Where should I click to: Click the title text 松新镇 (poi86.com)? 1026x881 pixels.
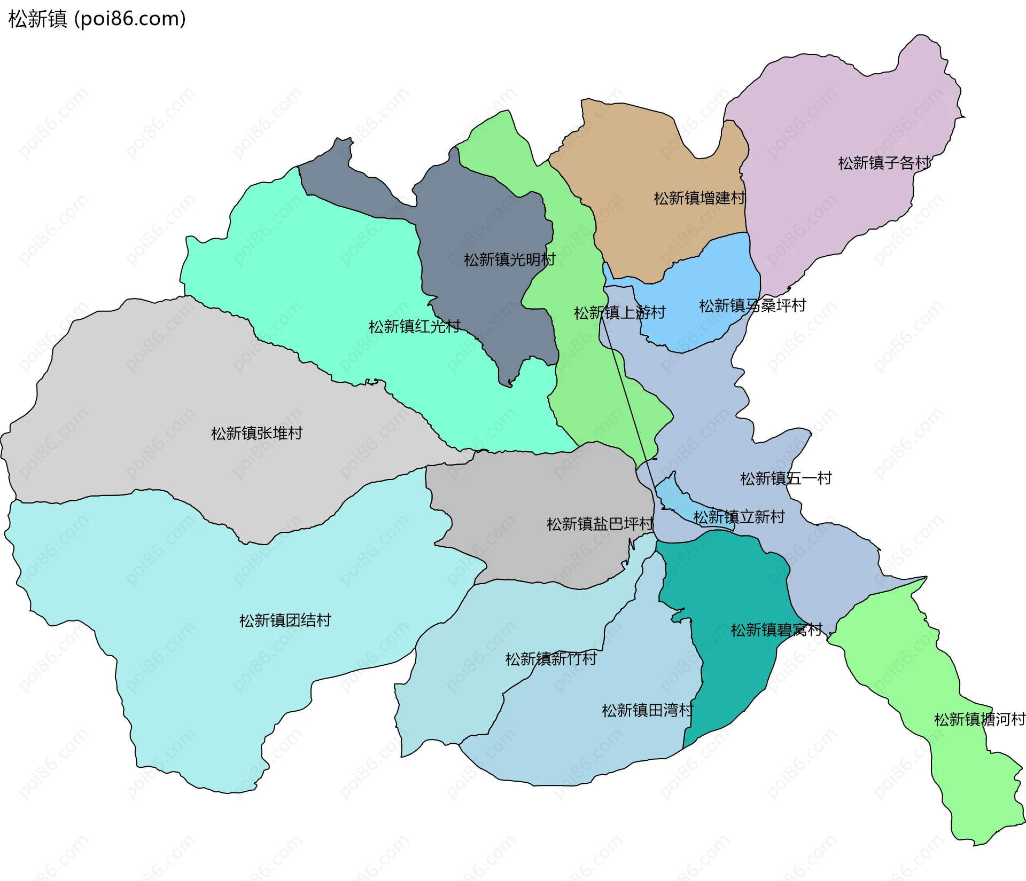[x=97, y=19]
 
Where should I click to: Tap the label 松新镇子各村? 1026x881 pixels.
[x=884, y=163]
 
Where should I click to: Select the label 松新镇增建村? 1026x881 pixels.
[x=699, y=198]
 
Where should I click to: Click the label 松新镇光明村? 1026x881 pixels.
[x=509, y=259]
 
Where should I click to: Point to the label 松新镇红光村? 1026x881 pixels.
[x=414, y=326]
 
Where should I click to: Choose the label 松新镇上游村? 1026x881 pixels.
[x=619, y=312]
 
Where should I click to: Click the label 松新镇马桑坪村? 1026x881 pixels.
[x=752, y=305]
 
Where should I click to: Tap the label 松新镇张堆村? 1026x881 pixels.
[x=256, y=433]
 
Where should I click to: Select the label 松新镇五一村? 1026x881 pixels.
[x=786, y=478]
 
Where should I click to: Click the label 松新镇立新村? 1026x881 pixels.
[x=739, y=517]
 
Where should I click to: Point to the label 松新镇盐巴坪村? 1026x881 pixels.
[x=600, y=524]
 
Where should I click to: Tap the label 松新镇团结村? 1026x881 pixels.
[x=285, y=620]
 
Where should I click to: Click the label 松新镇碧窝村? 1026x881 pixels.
[x=776, y=630]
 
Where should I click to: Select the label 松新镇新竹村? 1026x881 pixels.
[x=551, y=659]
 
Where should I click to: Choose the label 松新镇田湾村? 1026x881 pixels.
[x=647, y=710]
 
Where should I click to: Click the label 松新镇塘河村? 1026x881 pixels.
[x=979, y=719]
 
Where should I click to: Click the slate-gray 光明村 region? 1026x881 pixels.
[x=481, y=214]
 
